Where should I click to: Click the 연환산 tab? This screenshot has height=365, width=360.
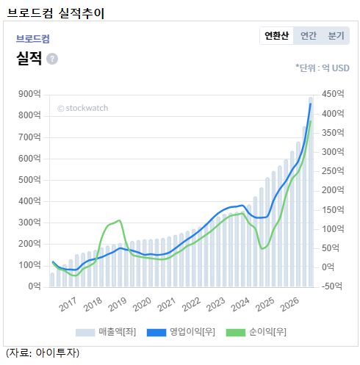pyautogui.click(x=276, y=36)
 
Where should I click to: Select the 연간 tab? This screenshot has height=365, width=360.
pyautogui.click(x=309, y=36)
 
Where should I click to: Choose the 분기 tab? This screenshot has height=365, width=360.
pyautogui.click(x=336, y=36)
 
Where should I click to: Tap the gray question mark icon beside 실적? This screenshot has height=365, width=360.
pyautogui.click(x=52, y=59)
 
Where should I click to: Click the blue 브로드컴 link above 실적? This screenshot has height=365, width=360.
pyautogui.click(x=33, y=39)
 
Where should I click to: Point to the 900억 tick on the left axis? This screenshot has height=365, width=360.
pyautogui.click(x=29, y=94)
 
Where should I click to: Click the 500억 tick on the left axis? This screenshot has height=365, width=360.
pyautogui.click(x=29, y=180)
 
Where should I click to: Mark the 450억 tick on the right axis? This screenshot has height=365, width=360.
pyautogui.click(x=333, y=94)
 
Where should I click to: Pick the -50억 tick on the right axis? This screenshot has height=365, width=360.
pyautogui.click(x=332, y=286)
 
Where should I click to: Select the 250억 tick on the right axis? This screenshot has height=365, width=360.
pyautogui.click(x=333, y=171)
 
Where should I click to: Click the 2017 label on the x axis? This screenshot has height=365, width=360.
pyautogui.click(x=68, y=304)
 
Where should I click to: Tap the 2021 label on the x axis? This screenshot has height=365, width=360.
pyautogui.click(x=167, y=304)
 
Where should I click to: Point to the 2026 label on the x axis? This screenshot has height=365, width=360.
pyautogui.click(x=290, y=304)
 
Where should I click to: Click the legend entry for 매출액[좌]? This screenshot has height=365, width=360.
pyautogui.click(x=106, y=332)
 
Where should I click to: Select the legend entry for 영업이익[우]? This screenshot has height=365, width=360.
pyautogui.click(x=181, y=332)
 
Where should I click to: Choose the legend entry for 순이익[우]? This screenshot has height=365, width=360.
pyautogui.click(x=256, y=332)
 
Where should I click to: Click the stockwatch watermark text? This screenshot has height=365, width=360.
pyautogui.click(x=83, y=108)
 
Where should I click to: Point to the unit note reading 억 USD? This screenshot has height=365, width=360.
pyautogui.click(x=336, y=68)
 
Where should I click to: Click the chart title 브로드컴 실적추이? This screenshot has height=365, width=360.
pyautogui.click(x=56, y=13)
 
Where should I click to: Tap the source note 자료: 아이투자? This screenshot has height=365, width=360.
pyautogui.click(x=43, y=353)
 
